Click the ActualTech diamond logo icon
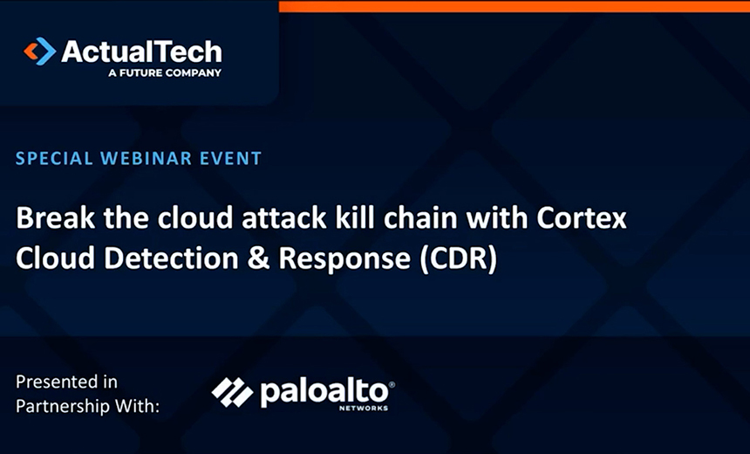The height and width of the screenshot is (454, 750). pos(40,52)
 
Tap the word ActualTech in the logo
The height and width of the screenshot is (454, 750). pos(141,52)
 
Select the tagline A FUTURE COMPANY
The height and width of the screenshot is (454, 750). pos(165,72)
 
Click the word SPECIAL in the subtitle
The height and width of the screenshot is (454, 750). pos(54,159)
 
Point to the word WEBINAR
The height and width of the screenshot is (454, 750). pos(146,159)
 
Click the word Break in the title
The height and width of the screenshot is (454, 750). pos(56,218)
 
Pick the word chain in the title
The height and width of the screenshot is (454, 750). pos(421,218)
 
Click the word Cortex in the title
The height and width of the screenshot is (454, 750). pos(582,218)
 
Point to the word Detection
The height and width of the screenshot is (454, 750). pos(171,258)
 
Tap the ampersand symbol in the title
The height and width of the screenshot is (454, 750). pos(259,258)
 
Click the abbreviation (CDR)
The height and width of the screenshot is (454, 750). pos(458,259)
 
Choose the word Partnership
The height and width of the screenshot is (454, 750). pos(62,407)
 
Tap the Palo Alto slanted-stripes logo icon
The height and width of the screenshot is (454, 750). pos(233,393)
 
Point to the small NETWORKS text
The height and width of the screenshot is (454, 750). pos(364,409)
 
